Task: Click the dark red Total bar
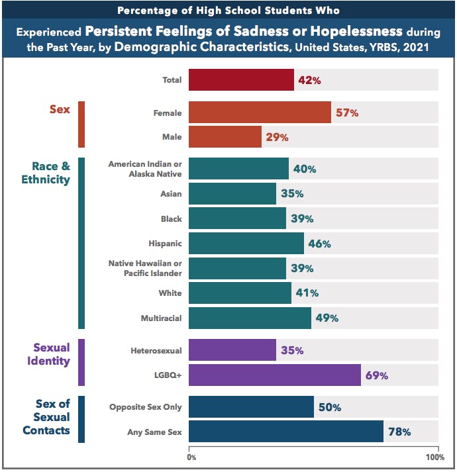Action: pos(241,79)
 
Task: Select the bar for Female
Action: pos(260,113)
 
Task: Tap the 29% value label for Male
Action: pos(277,137)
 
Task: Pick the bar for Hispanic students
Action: pos(246,243)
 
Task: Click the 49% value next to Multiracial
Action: pos(326,318)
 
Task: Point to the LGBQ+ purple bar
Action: pos(274,375)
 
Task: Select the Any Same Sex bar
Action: pos(285,432)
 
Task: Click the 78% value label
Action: pos(399,432)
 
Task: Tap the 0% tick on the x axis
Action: pos(191,457)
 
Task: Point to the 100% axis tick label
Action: pos(435,457)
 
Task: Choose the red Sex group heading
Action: pos(60,109)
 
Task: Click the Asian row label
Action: pos(172,193)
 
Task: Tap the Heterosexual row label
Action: pos(157,350)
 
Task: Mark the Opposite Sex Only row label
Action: pos(146,407)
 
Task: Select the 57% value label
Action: pos(346,113)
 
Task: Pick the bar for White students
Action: pos(240,293)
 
